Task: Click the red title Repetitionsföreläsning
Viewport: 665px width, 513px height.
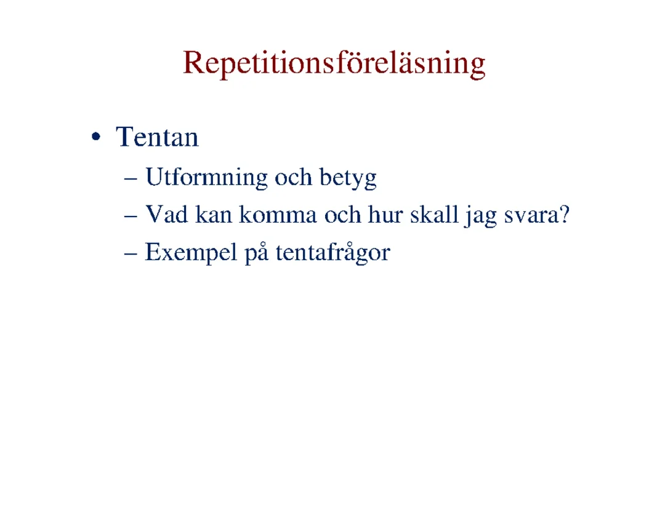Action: click(334, 63)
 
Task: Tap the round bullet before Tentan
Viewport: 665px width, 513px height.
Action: click(96, 137)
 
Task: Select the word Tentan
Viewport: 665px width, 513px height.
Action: click(158, 137)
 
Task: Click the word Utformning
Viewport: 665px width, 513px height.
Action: click(206, 177)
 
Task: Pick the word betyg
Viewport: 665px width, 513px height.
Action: click(348, 178)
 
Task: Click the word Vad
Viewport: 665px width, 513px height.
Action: click(167, 214)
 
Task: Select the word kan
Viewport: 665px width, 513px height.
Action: click(213, 214)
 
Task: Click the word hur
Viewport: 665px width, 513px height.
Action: click(385, 214)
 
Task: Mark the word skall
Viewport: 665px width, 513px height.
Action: click(434, 214)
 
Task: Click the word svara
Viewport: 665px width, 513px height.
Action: click(531, 216)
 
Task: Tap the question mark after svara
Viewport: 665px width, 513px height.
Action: click(564, 214)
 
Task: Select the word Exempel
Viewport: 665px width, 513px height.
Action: click(191, 253)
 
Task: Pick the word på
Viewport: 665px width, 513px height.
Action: click(257, 253)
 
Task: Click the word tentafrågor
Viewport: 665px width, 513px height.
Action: click(333, 253)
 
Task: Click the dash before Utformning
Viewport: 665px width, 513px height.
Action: click(131, 179)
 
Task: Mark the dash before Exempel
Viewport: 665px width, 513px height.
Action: click(131, 254)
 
